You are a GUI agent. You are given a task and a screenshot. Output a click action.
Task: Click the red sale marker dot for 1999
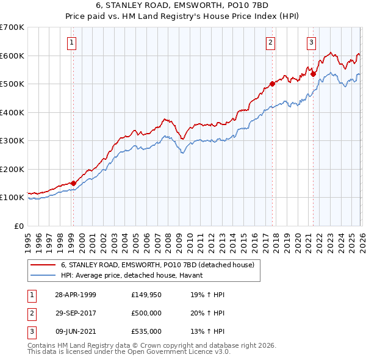73,182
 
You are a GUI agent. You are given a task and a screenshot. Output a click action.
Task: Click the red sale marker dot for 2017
272,84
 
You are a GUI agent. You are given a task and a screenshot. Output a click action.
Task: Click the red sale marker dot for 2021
313,74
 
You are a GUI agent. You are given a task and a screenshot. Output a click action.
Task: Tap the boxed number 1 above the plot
72,42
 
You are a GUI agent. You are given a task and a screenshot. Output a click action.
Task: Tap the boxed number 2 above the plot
270,42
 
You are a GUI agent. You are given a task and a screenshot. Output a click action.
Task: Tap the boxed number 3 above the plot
311,42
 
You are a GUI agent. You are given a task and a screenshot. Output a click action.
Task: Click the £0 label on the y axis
20,226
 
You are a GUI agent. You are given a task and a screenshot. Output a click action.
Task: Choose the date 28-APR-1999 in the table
76,294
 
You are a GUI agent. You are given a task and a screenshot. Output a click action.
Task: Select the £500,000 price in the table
146,313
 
